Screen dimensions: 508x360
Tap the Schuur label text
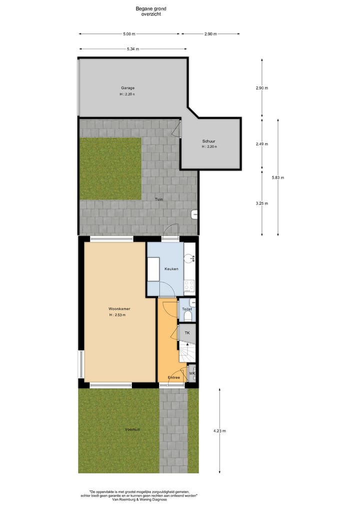tap(209, 141)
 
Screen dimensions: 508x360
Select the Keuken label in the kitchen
tap(171, 269)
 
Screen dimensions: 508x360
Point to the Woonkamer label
tap(119, 309)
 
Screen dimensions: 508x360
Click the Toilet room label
tap(187, 309)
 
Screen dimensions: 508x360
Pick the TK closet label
tap(187, 333)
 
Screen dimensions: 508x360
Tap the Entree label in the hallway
tap(174, 377)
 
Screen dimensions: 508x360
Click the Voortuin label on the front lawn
tap(132, 430)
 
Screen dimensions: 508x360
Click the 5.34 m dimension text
tap(132, 49)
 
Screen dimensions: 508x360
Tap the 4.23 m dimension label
tap(219, 431)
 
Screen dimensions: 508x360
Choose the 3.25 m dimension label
tap(261, 203)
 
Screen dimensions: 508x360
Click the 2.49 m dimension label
tap(261, 144)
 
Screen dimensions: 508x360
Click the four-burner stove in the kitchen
tap(189, 285)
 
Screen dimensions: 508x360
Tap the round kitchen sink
tap(189, 258)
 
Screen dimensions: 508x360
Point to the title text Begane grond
tap(151, 8)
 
